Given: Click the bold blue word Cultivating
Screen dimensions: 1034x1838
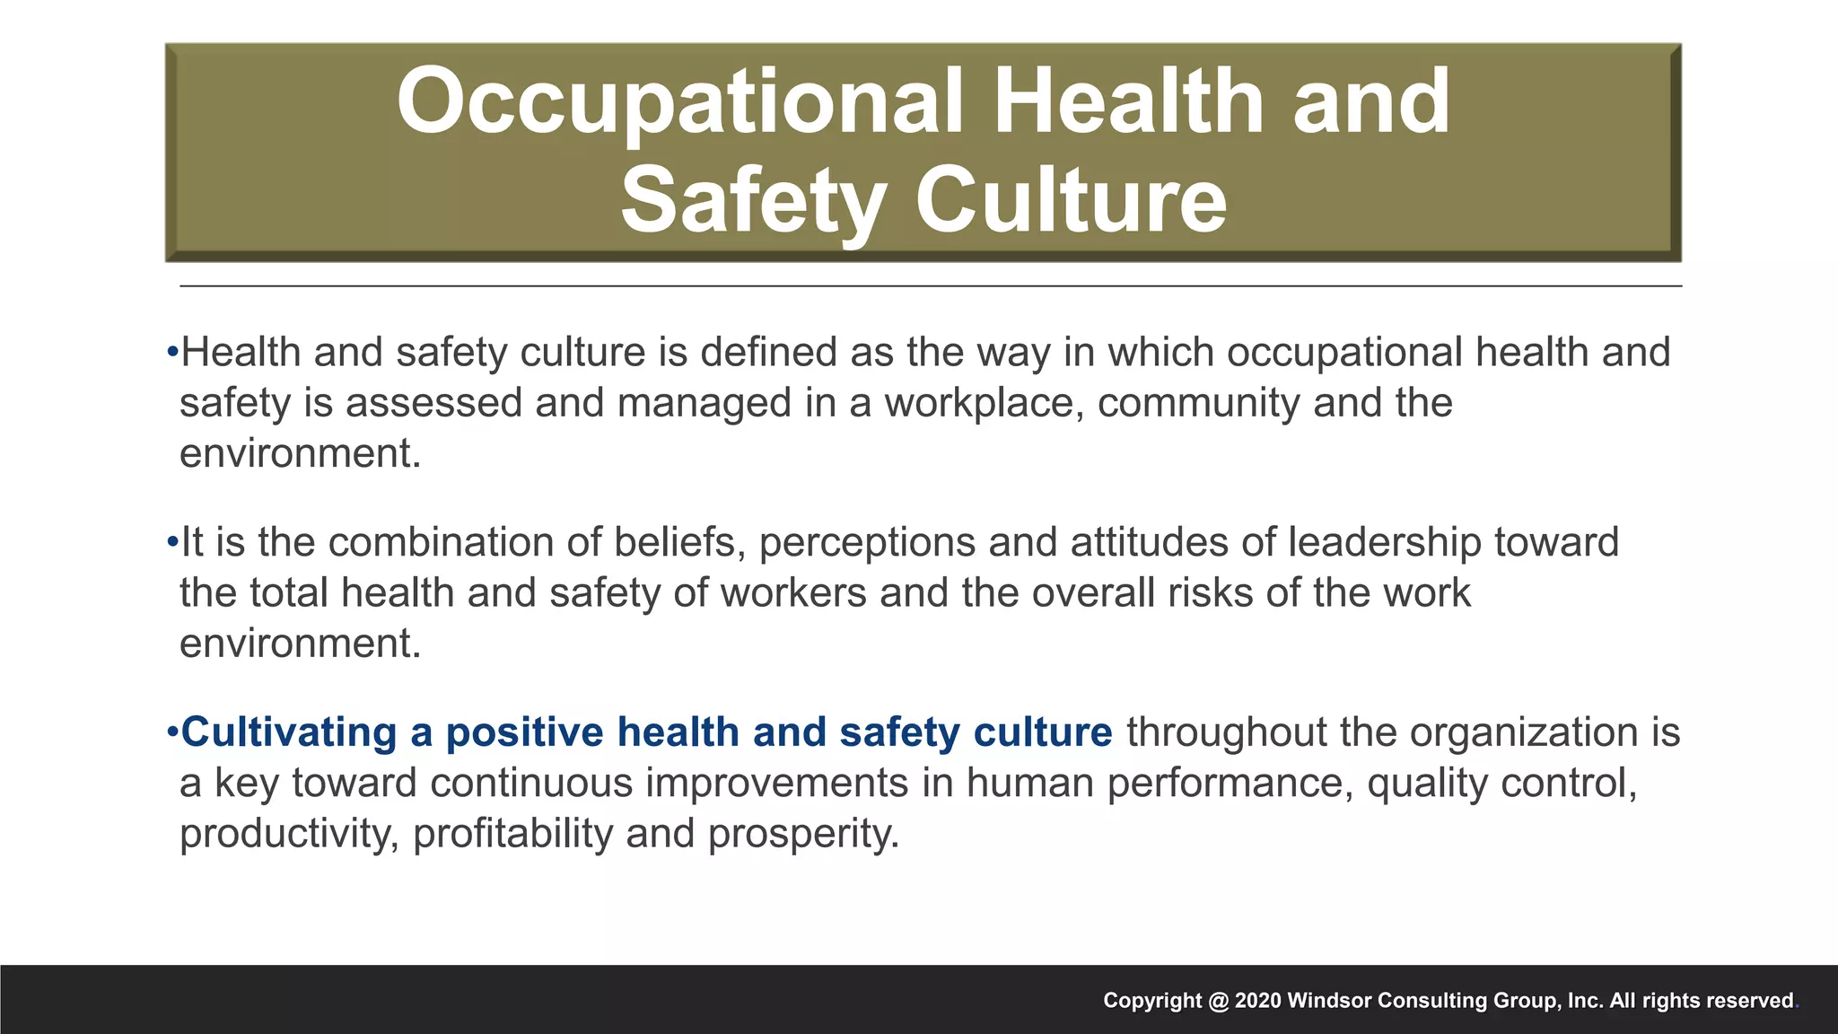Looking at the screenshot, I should [289, 732].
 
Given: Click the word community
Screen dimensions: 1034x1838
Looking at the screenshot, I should [1198, 403].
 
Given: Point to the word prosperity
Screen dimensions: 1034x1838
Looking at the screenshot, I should [803, 834].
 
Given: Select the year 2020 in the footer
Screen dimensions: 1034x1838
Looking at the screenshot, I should [1257, 1001].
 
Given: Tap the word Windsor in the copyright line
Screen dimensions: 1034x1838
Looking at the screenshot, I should [1329, 1001].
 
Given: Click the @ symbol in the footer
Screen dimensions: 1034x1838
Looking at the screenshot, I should [1218, 1001].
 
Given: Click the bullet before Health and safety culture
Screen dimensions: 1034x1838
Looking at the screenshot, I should [172, 352].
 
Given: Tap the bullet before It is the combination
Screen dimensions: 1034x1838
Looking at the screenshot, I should [172, 542].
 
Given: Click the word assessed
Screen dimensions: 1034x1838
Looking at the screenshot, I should [433, 403].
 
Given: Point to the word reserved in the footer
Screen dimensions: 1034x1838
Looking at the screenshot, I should [1749, 1001].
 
